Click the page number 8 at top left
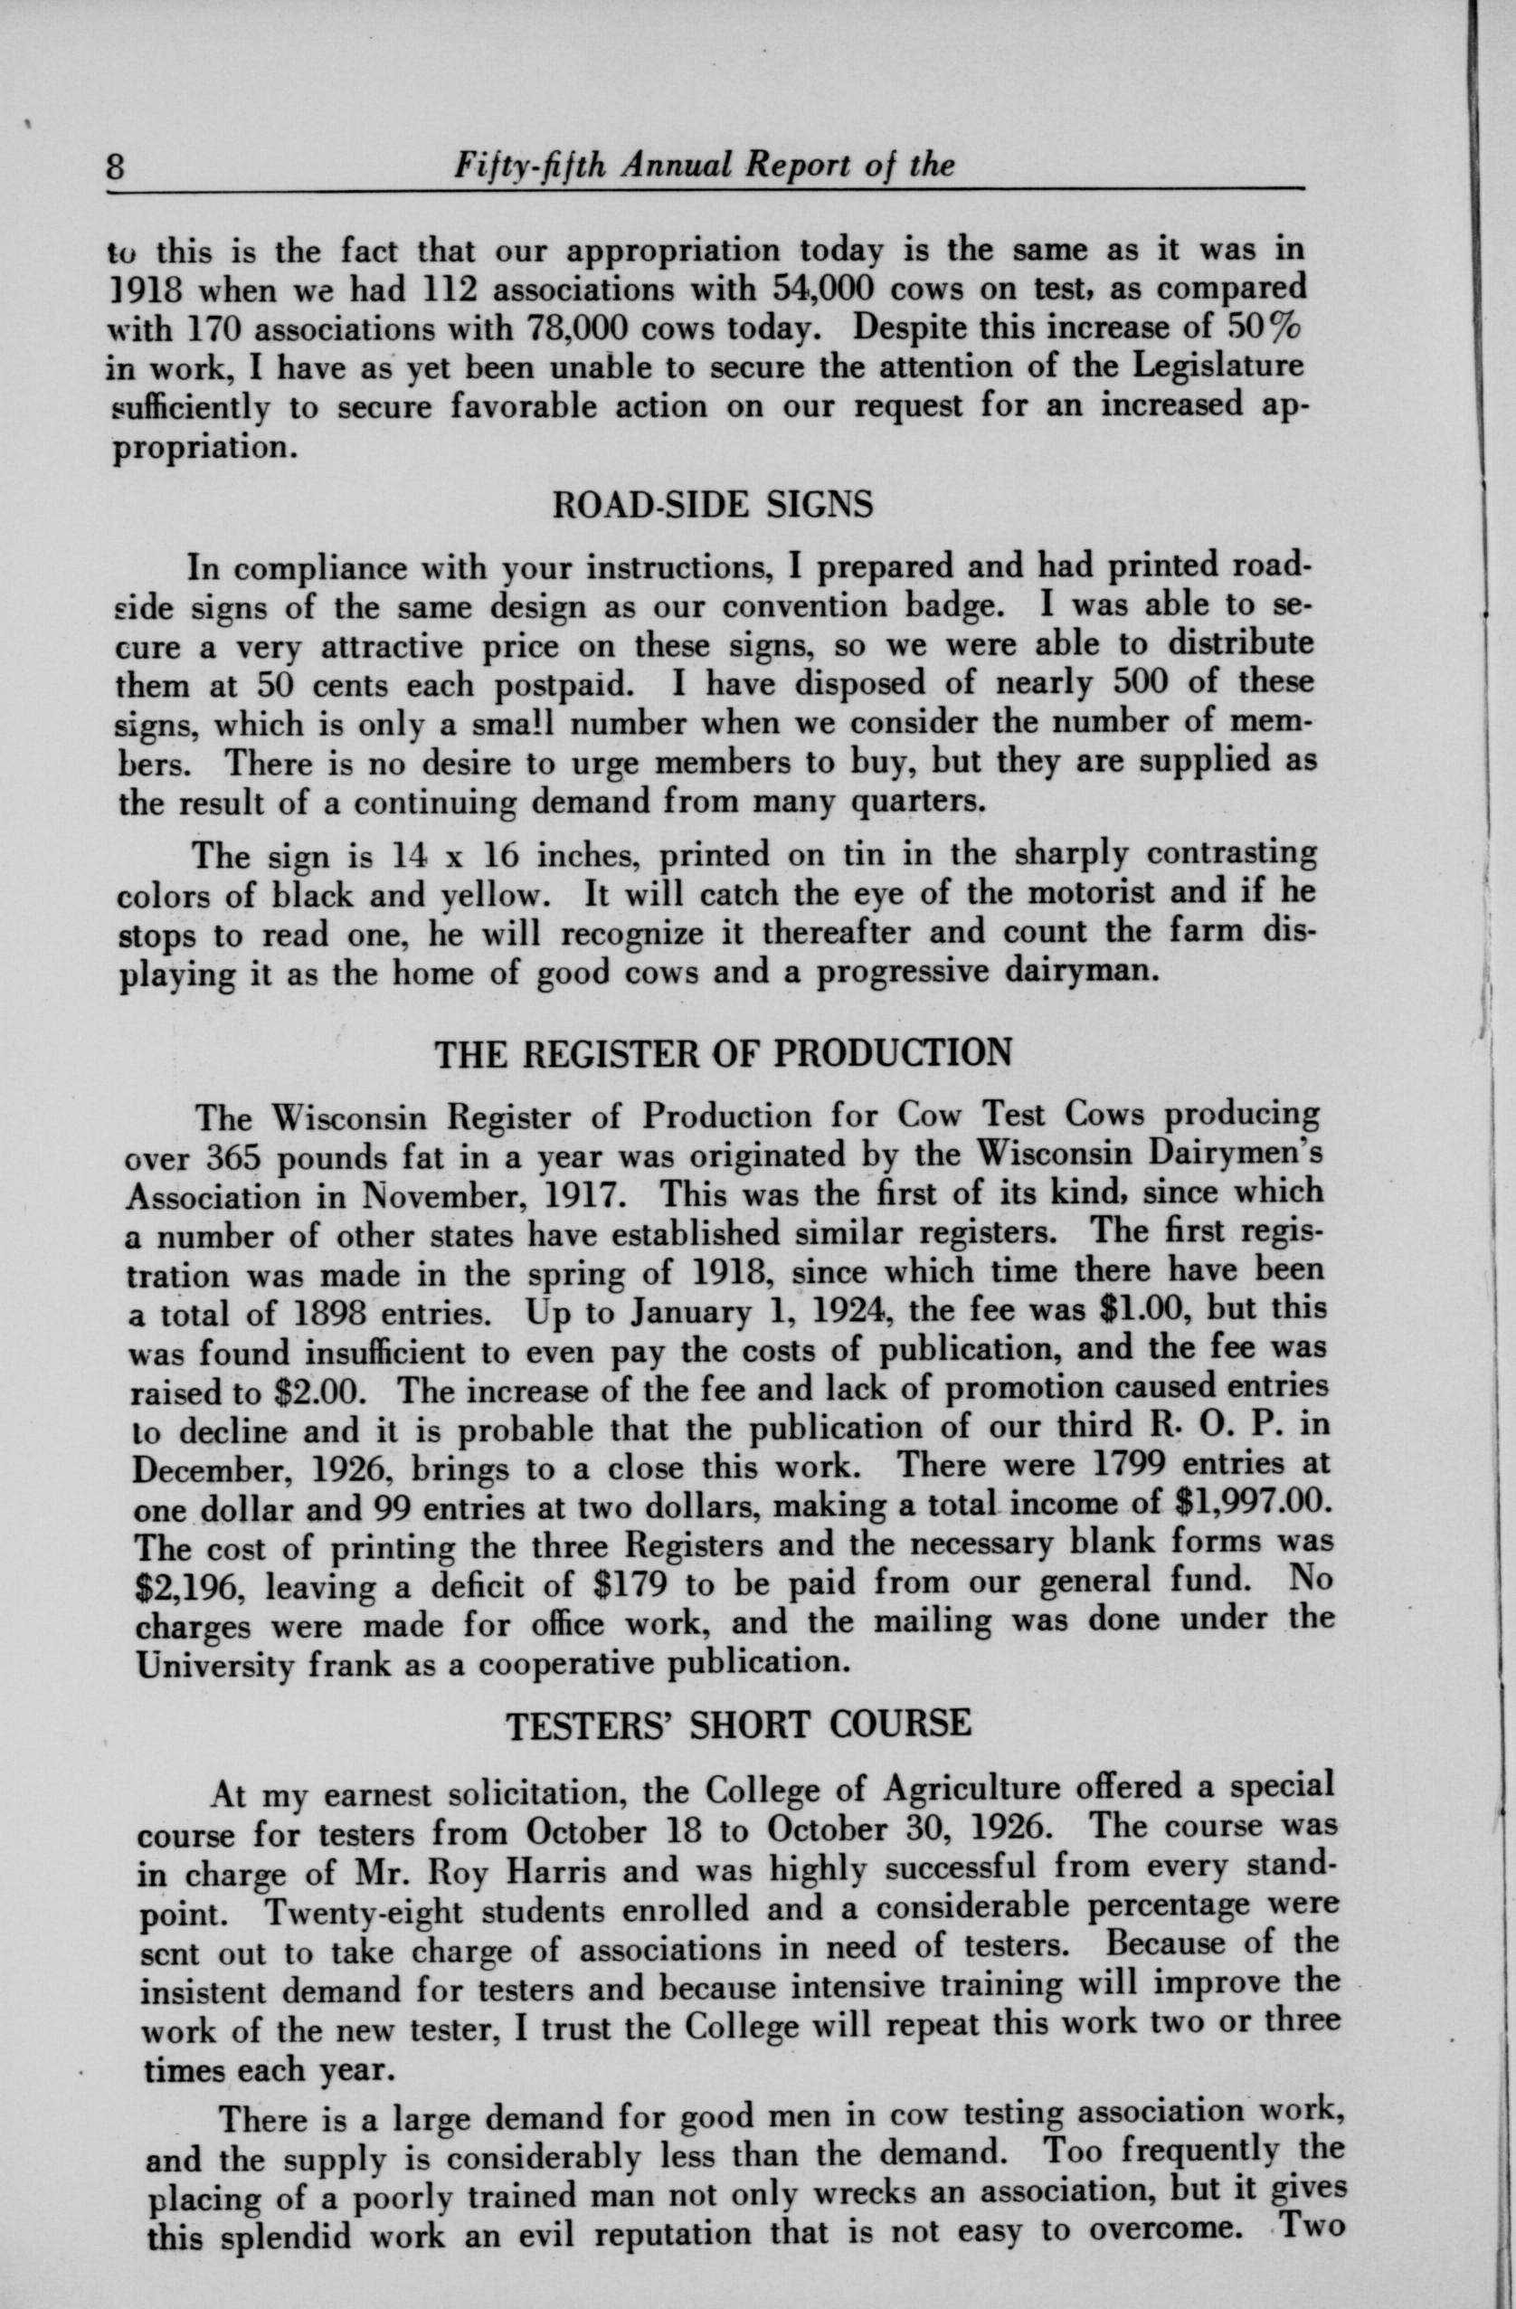click(x=118, y=166)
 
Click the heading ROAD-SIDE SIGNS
click(x=712, y=505)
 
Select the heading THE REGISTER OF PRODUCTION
click(x=724, y=1053)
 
